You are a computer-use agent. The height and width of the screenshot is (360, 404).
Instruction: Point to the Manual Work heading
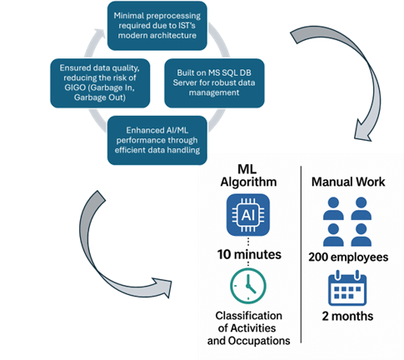tap(348, 181)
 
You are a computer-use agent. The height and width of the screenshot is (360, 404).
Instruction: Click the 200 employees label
tap(349, 257)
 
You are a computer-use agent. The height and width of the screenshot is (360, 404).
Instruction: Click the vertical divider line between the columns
tap(301, 258)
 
